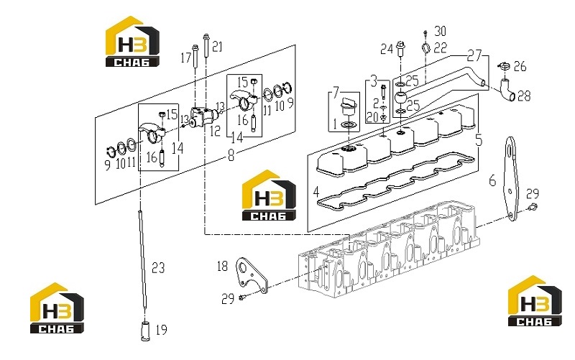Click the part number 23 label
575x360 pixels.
click(158, 268)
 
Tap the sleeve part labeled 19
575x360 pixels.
click(146, 331)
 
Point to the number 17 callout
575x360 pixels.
click(186, 57)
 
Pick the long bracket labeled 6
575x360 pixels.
click(510, 178)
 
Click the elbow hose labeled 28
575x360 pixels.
click(507, 91)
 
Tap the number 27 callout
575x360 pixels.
click(474, 56)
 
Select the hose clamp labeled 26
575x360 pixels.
click(504, 66)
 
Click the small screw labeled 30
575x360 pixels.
click(425, 33)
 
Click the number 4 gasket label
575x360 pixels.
click(316, 191)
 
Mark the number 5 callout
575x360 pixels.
click(479, 139)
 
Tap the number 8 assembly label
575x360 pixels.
click(231, 156)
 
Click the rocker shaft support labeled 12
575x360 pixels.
click(203, 116)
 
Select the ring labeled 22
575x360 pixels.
click(426, 48)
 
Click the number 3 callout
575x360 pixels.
click(374, 80)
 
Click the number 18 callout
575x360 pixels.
click(222, 266)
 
